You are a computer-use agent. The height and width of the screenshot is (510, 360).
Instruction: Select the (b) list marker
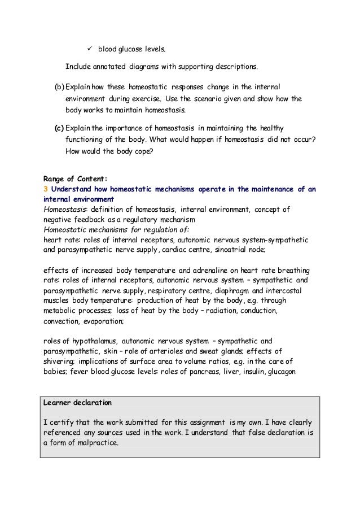click(x=59, y=88)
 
